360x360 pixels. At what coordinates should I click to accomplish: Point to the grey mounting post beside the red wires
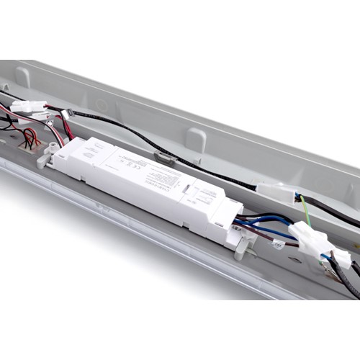pyautogui.click(x=50, y=150)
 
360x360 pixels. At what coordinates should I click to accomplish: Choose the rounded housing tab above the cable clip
pyautogui.click(x=194, y=138)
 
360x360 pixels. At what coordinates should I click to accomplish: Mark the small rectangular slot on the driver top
pyautogui.click(x=186, y=189)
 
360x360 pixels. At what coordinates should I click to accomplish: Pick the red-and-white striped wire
pyautogui.click(x=22, y=115)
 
